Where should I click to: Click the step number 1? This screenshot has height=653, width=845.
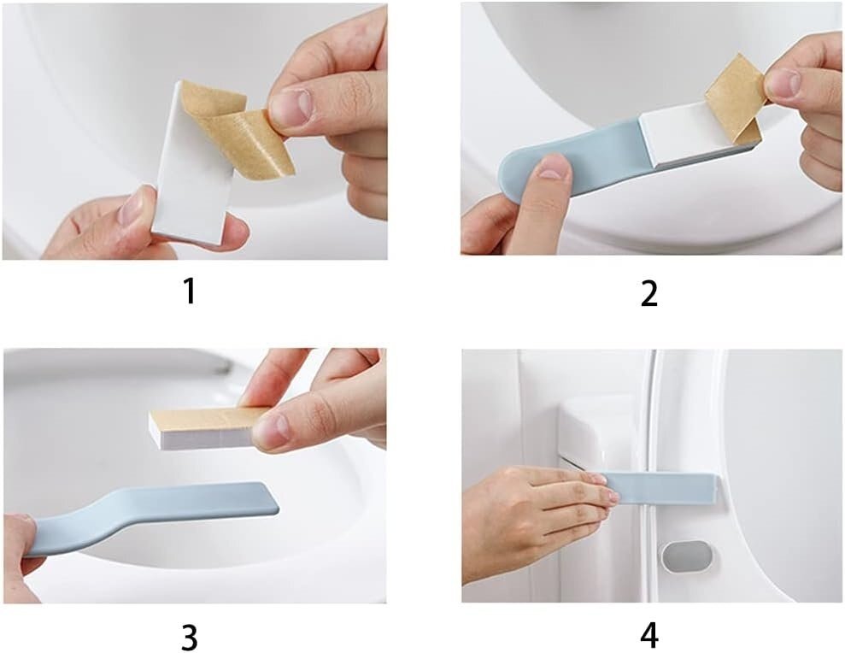coord(189,291)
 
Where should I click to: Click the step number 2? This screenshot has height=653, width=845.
coord(648,294)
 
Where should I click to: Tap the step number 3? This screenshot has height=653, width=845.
coord(189,638)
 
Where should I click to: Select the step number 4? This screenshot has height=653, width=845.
coord(649,635)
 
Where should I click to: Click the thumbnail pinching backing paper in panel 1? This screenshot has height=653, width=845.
coord(290,106)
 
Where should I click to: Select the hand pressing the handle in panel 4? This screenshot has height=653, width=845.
coord(539,518)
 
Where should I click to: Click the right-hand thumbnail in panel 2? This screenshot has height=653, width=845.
coord(784,83)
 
